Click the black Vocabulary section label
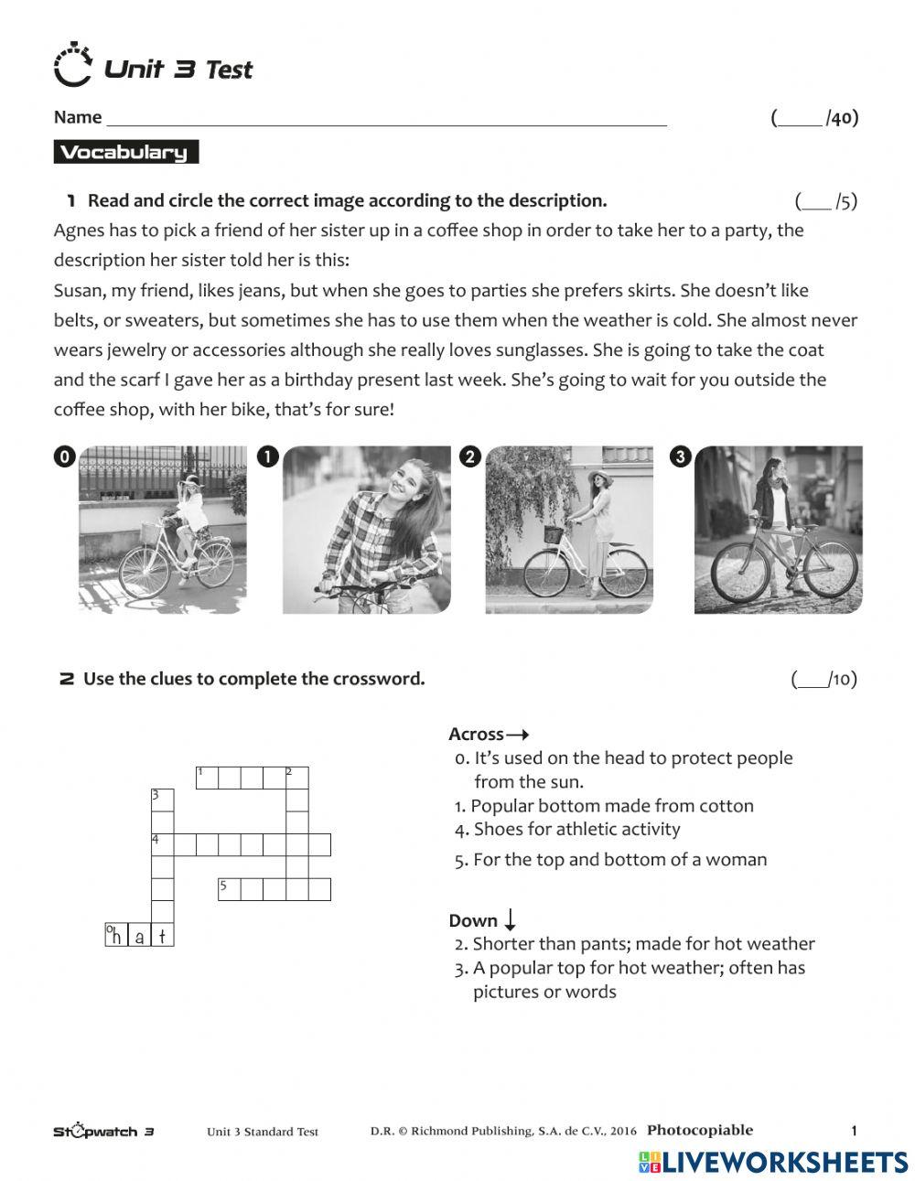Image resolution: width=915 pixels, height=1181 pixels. pos(125,153)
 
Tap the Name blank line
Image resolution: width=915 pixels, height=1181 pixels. pos(386,119)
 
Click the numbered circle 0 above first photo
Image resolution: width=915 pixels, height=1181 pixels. pos(63,457)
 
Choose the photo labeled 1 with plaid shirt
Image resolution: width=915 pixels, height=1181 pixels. pos(366,530)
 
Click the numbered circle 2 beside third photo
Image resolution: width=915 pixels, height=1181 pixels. pos(469,457)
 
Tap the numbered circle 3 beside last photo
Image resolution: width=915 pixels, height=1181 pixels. pos(680,457)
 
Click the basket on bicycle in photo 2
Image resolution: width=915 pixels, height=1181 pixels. pos(553,533)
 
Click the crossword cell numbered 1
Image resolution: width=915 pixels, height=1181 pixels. pos(207,778)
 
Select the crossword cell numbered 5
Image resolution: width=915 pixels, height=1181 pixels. pos(229,889)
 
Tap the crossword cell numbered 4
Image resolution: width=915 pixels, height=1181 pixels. pos(162,844)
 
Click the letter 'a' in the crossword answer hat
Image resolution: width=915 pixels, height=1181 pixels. pos(139,936)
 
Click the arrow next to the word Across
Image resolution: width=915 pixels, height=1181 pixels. pos(518,735)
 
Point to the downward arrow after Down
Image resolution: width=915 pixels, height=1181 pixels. pos(511,919)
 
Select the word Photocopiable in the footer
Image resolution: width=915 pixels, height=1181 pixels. pos(699,1130)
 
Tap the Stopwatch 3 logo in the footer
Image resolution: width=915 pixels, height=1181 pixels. pos(102,1132)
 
